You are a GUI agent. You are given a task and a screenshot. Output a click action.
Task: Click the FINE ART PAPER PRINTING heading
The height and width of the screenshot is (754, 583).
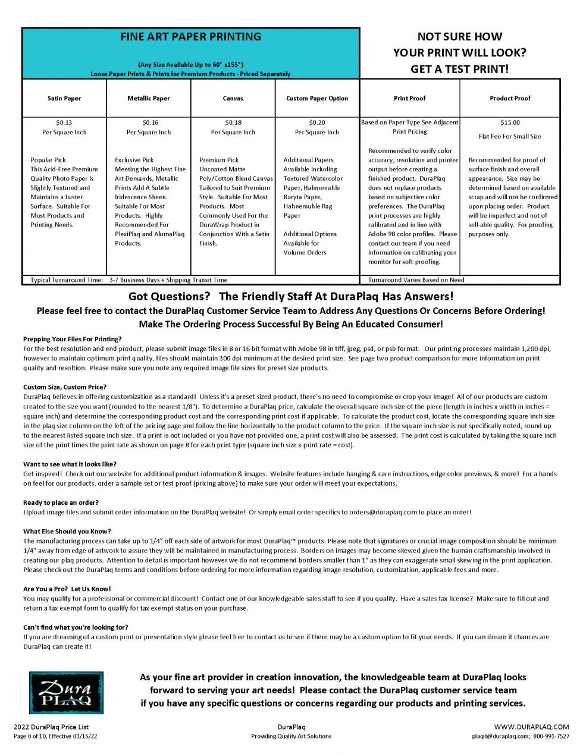click(190, 37)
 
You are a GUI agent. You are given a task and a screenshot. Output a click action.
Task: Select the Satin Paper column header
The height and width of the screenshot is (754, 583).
click(64, 99)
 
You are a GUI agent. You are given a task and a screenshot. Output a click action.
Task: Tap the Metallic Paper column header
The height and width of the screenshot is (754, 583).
click(149, 99)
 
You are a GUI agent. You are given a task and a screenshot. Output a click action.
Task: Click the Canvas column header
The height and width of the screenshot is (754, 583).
click(233, 99)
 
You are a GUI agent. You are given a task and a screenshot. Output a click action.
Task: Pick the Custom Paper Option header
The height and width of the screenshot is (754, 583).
click(317, 99)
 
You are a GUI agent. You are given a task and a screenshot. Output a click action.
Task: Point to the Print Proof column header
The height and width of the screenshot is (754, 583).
click(410, 99)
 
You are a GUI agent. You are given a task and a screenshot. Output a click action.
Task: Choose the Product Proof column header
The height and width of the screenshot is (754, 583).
click(510, 99)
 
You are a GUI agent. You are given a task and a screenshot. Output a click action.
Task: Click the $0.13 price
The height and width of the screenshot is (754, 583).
click(64, 123)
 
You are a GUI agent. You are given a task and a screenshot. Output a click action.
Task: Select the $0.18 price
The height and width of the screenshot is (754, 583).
click(233, 123)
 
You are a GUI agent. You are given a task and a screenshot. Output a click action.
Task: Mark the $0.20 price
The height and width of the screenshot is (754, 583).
click(317, 123)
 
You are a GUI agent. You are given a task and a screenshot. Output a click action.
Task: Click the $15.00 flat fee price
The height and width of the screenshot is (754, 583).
click(510, 123)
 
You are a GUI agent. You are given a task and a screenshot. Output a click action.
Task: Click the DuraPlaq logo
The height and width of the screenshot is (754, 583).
click(66, 693)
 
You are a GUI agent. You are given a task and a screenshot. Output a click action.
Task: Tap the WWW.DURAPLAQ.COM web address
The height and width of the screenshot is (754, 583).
click(531, 727)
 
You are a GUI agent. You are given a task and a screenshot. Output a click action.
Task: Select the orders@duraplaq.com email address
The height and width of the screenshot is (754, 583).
click(383, 512)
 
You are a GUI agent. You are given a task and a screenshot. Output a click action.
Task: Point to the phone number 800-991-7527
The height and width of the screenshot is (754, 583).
click(551, 736)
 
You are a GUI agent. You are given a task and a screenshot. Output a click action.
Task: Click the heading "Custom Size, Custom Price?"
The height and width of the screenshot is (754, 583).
click(65, 387)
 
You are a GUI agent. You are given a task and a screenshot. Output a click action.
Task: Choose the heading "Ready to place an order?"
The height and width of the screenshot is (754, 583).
click(61, 502)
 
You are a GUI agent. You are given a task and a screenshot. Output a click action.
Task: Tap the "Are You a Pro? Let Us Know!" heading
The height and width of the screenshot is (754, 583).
click(67, 589)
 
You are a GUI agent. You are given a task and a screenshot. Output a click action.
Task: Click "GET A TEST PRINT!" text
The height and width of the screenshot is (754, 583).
click(459, 69)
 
